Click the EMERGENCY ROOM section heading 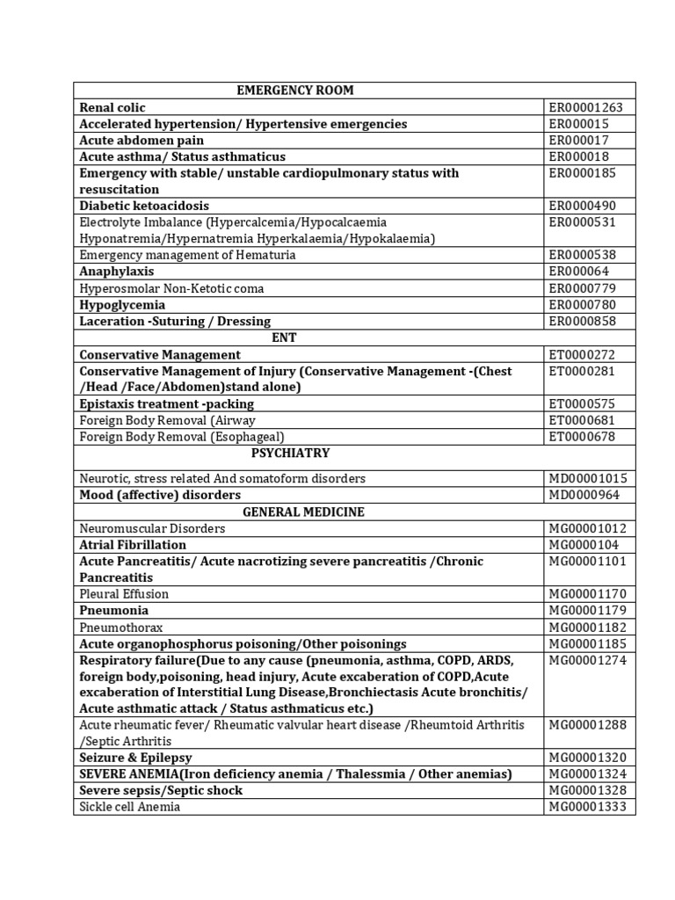(295, 91)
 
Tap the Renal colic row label (111, 107)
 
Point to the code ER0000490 (583, 206)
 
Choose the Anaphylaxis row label (116, 272)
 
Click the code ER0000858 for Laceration (583, 321)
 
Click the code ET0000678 (582, 436)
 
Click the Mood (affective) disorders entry (160, 495)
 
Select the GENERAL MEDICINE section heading (303, 512)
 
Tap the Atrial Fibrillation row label (133, 545)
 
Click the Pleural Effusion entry (124, 594)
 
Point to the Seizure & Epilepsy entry (135, 757)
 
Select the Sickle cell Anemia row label (130, 806)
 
